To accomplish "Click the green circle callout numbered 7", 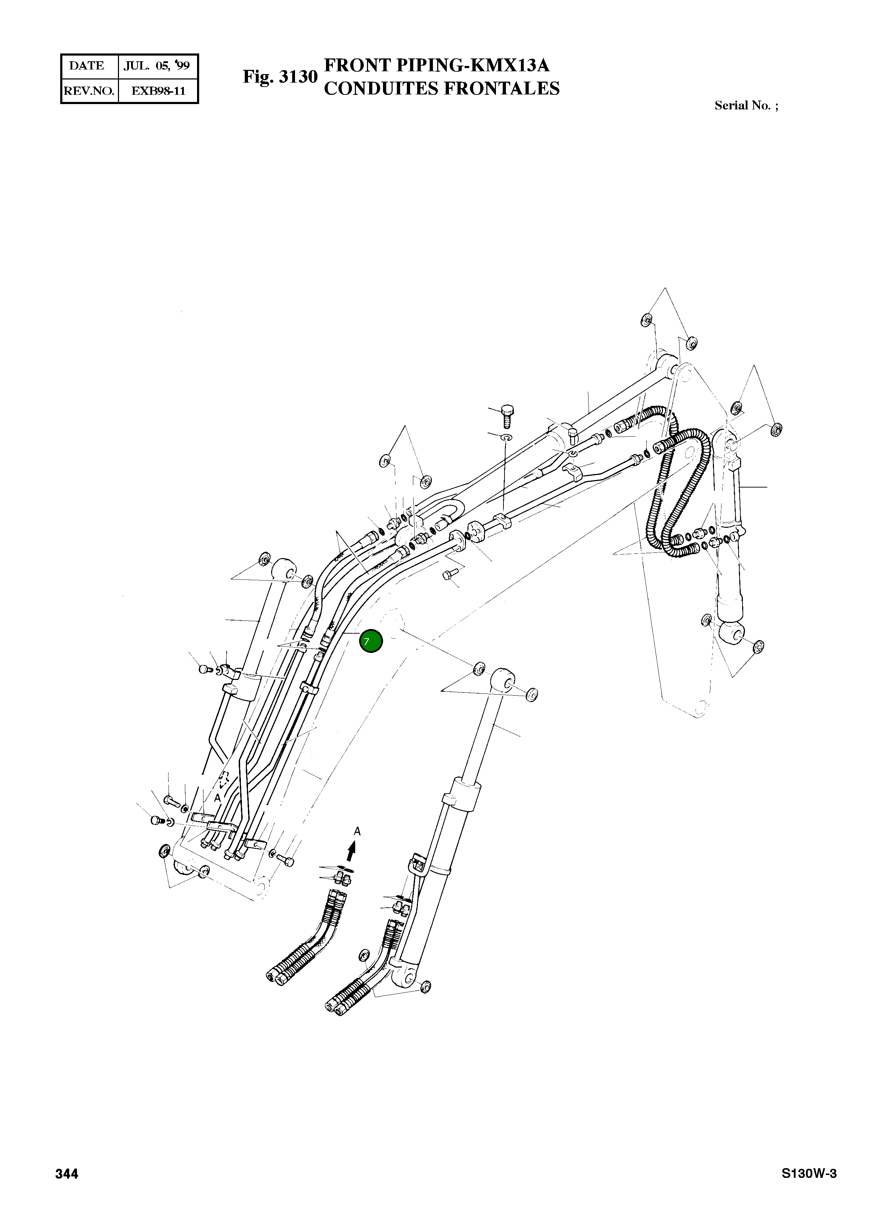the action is [371, 641].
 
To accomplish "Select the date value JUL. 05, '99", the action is [156, 66].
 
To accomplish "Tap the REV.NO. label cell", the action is [89, 91].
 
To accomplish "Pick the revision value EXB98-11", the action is [159, 91].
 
